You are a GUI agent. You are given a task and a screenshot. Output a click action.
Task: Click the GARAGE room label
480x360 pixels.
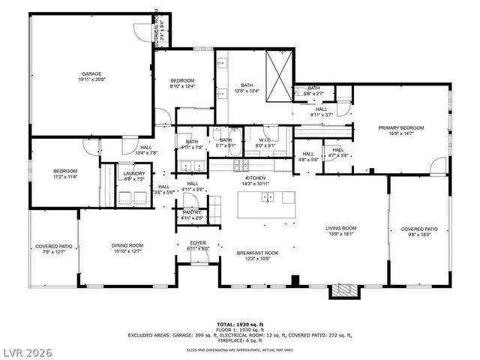point(91,74)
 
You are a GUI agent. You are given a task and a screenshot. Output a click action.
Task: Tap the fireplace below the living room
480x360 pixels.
point(344,290)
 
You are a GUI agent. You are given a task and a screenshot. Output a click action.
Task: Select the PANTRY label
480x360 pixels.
point(193,213)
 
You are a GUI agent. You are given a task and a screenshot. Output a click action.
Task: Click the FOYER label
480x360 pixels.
point(197,243)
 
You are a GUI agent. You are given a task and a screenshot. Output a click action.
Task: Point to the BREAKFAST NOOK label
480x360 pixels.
point(257,253)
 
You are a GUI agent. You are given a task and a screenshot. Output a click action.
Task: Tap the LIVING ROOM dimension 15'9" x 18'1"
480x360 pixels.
point(340,234)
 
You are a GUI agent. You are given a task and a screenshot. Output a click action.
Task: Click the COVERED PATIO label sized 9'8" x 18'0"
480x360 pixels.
point(419,229)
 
